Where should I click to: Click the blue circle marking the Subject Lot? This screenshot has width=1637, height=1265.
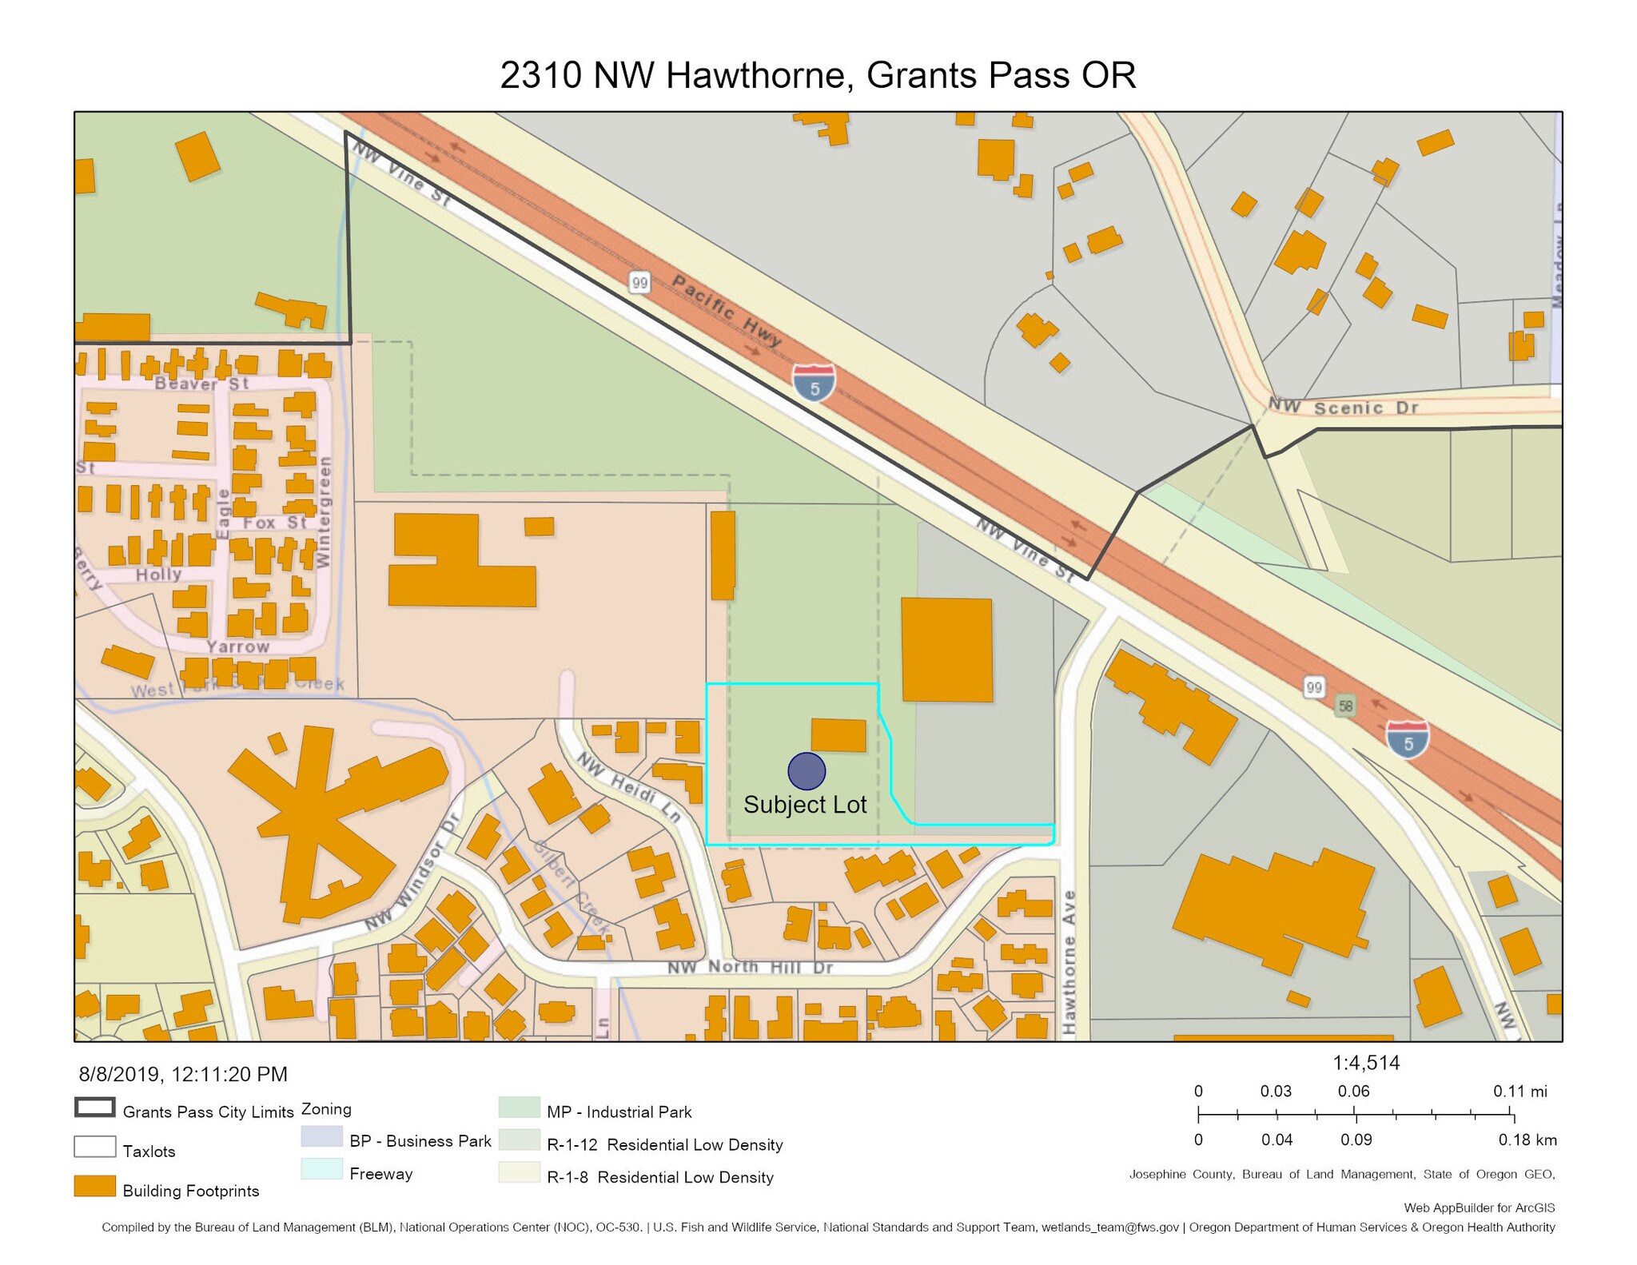tap(806, 771)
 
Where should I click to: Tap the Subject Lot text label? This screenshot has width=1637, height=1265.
tap(804, 804)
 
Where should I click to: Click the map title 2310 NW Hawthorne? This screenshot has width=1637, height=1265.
tap(817, 75)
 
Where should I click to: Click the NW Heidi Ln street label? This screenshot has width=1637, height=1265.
tap(628, 786)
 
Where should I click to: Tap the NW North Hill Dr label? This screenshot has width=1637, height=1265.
tap(750, 967)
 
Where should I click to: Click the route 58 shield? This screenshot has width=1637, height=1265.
tap(1346, 705)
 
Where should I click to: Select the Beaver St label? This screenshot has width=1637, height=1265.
tap(201, 384)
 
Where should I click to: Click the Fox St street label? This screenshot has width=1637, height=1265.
tap(274, 523)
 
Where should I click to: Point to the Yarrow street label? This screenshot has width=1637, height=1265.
tap(237, 646)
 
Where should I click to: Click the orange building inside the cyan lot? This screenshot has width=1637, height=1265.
tap(838, 734)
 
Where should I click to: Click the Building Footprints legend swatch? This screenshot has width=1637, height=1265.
tap(94, 1186)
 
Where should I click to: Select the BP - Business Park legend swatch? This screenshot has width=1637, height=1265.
tap(321, 1136)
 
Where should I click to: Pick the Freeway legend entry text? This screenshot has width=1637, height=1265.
tap(380, 1174)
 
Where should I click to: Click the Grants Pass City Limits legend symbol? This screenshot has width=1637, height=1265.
tap(94, 1107)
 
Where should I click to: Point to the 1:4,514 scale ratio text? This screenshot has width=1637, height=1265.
tap(1365, 1063)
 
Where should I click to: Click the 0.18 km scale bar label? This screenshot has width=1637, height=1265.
tap(1527, 1140)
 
